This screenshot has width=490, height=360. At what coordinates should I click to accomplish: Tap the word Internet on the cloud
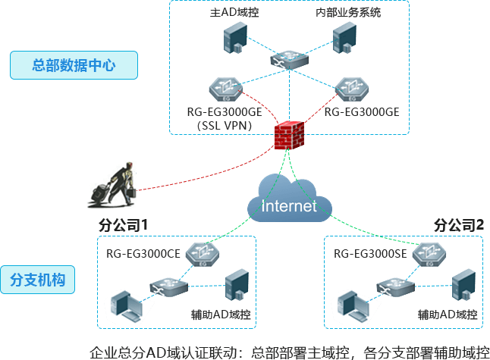click(x=288, y=206)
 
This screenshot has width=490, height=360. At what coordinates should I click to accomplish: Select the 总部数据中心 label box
click(x=73, y=66)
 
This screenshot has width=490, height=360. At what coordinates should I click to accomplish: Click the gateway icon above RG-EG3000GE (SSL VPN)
click(x=226, y=89)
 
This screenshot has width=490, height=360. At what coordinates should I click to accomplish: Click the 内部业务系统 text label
click(x=347, y=13)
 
